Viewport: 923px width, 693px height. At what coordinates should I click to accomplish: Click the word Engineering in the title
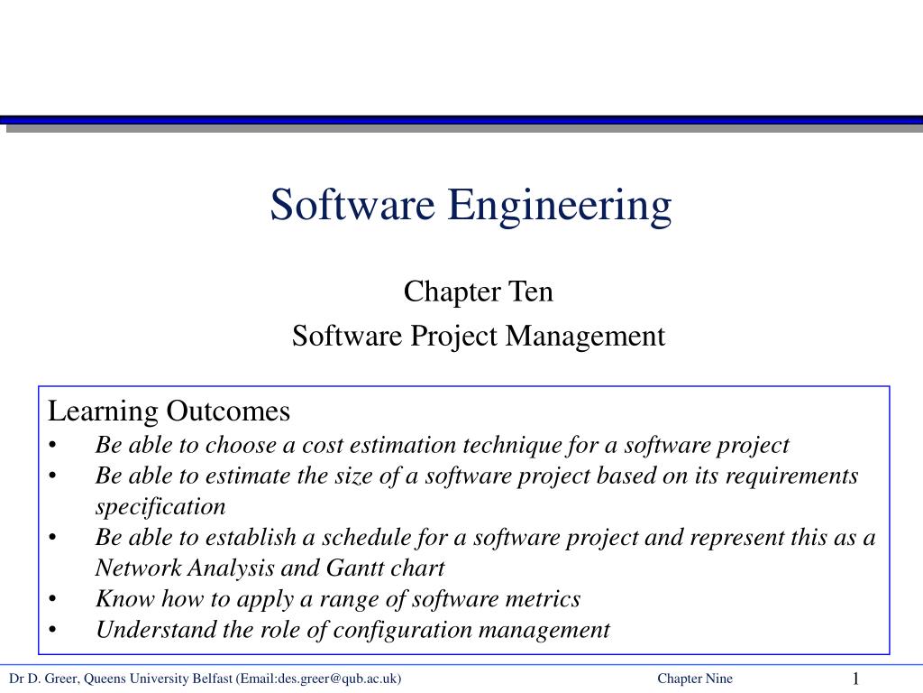pyautogui.click(x=561, y=206)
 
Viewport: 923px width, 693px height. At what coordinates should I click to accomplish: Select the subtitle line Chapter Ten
pyautogui.click(x=478, y=291)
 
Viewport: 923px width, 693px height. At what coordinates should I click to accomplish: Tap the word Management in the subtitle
pyautogui.click(x=585, y=336)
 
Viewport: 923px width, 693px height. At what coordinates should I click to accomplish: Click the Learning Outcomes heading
pyautogui.click(x=169, y=411)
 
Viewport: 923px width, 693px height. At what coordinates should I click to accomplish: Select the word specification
pyautogui.click(x=160, y=506)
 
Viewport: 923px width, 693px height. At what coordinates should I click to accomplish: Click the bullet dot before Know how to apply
pyautogui.click(x=54, y=599)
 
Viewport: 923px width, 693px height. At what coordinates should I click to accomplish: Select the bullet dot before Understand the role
pyautogui.click(x=54, y=630)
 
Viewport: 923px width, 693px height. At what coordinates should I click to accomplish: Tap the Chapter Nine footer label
pyautogui.click(x=695, y=679)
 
